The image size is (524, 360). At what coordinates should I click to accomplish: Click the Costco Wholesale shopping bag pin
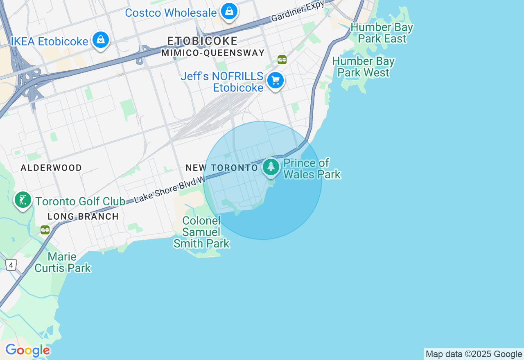click(x=229, y=11)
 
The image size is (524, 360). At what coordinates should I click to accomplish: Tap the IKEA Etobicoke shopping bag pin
click(x=100, y=40)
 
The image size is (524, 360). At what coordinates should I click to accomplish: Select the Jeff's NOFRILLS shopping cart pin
click(x=276, y=81)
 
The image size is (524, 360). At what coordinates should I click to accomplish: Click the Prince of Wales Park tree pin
click(x=271, y=167)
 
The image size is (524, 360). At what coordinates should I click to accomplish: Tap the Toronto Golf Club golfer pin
click(x=23, y=200)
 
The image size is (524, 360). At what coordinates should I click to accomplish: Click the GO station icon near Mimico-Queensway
click(x=282, y=60)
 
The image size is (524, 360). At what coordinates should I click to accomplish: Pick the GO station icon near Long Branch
click(x=45, y=230)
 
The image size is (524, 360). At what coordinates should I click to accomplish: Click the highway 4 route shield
click(x=11, y=265)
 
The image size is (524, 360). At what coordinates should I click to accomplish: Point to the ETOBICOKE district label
click(x=202, y=41)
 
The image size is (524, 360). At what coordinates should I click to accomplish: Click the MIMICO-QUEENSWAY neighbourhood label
click(x=213, y=53)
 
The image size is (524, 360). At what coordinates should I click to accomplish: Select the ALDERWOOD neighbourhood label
click(x=51, y=168)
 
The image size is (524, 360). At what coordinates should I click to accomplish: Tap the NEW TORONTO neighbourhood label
click(x=221, y=168)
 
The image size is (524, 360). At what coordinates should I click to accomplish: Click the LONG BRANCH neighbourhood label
click(x=83, y=216)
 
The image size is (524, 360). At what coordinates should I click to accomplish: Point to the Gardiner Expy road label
click(x=298, y=11)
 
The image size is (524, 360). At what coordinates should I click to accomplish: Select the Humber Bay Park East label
click(x=382, y=33)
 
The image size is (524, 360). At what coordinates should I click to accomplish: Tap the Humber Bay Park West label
click(x=363, y=67)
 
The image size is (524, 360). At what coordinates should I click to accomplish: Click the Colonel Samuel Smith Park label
click(x=201, y=232)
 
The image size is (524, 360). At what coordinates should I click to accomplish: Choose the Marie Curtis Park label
click(x=63, y=262)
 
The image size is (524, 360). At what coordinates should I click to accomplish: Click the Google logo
click(x=27, y=351)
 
